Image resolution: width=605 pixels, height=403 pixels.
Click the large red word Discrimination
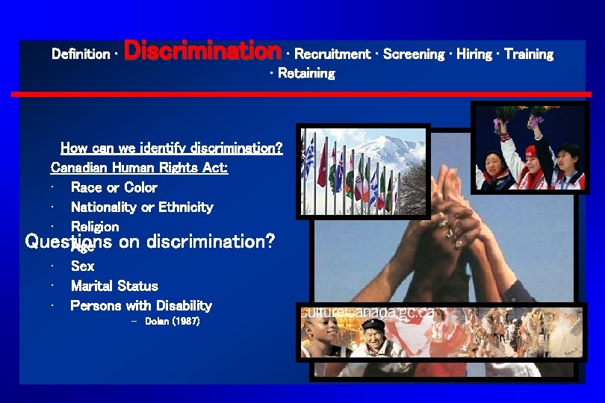coord(202,51)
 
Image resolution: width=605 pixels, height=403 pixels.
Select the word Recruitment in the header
coord(332,54)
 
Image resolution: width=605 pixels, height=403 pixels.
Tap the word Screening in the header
coord(415,54)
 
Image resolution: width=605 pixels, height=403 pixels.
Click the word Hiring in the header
coord(474,54)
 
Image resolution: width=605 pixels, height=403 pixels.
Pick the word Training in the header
coord(529,54)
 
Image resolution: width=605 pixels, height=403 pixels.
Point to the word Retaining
coord(306,73)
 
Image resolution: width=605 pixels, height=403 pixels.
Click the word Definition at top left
coord(81,54)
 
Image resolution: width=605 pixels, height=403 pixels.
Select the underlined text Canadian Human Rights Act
coord(139,168)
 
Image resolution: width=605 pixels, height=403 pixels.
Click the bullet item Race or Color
coord(114,187)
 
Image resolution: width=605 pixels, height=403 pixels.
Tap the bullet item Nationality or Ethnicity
coord(142,207)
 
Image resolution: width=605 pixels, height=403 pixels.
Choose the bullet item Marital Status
coord(114,286)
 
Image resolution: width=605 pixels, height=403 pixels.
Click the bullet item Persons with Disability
coord(141,305)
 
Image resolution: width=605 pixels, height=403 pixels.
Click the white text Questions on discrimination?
coord(150,242)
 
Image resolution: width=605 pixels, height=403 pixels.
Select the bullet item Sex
coord(82,266)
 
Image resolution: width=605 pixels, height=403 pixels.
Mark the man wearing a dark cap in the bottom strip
coord(373,336)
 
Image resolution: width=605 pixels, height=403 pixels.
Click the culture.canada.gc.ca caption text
coord(366,312)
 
